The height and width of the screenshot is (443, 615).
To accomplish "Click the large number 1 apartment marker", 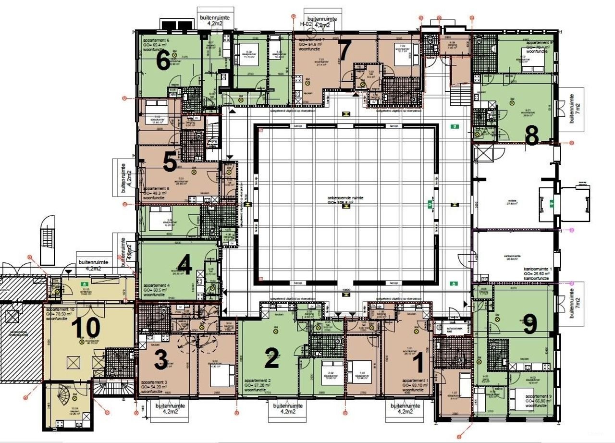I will (418, 363).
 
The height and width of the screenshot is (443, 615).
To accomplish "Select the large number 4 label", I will (185, 265).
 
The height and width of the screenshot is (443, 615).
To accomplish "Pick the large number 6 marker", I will (163, 62).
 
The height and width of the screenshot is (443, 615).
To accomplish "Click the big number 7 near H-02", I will (345, 49).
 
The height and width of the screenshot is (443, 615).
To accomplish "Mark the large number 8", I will (531, 136).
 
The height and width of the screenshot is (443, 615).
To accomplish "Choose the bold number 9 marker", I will (529, 326).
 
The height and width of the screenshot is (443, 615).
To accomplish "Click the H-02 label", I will (307, 24).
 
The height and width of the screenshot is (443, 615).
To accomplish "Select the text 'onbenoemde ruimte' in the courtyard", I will (342, 197).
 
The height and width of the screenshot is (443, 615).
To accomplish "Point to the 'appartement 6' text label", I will (155, 40).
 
